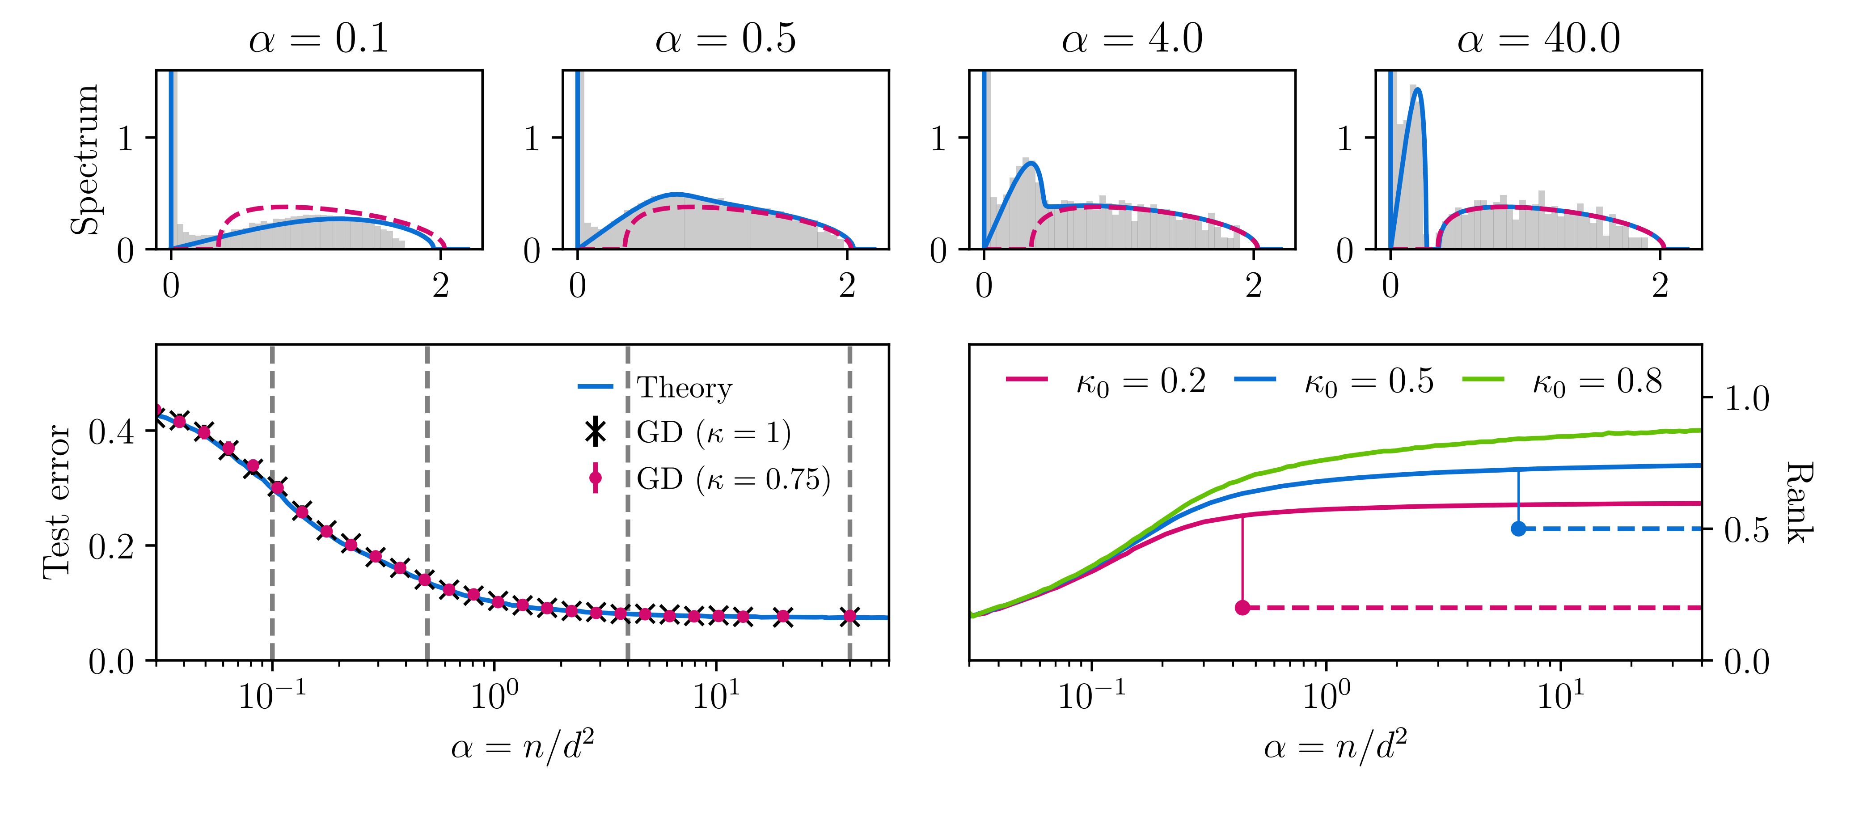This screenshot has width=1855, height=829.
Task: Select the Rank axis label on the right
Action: (x=1798, y=502)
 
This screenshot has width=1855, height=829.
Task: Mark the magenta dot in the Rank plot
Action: (x=1242, y=608)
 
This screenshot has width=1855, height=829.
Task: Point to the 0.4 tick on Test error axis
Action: (x=112, y=431)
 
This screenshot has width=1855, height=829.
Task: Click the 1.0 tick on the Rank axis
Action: (x=1746, y=398)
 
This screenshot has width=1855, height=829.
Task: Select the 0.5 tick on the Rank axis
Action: (x=1746, y=529)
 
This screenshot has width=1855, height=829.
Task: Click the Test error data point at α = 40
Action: (x=850, y=616)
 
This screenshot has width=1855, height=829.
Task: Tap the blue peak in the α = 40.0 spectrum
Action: (x=1417, y=90)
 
